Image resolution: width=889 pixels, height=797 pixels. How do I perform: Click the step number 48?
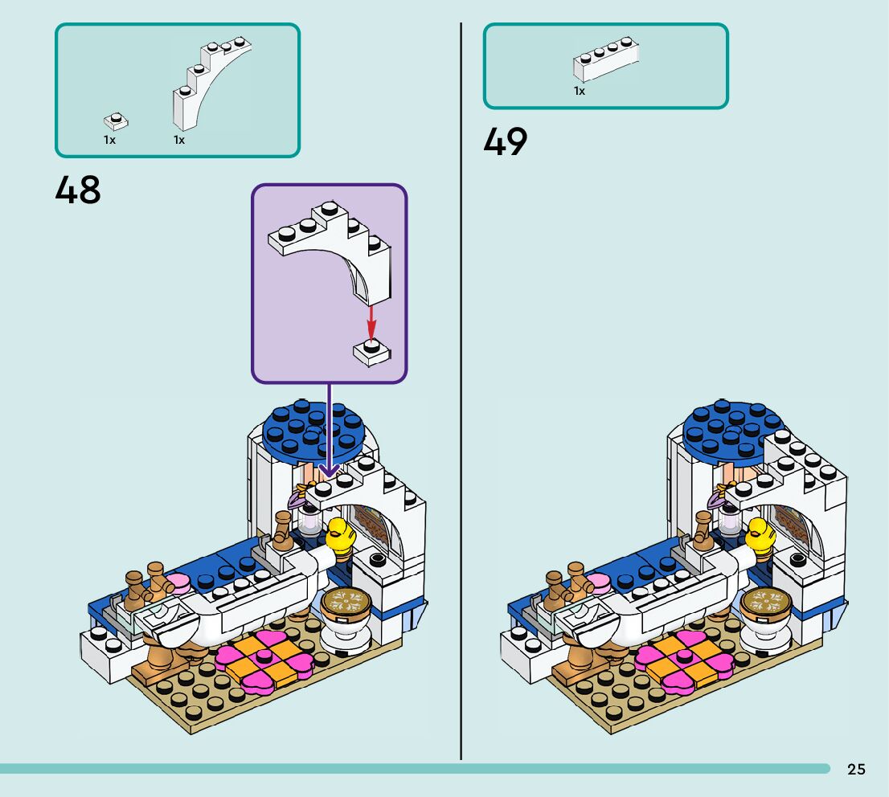[x=78, y=191]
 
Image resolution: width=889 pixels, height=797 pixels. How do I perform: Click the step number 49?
[x=505, y=142]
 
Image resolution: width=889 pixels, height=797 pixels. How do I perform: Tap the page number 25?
[x=856, y=770]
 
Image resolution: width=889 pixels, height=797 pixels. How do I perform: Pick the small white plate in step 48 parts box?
[x=116, y=122]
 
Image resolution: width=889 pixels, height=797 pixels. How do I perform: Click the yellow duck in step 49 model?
[x=760, y=536]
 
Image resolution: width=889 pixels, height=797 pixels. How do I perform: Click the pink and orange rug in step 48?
[x=264, y=654]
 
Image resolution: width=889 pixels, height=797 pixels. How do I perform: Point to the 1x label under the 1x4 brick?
[x=579, y=92]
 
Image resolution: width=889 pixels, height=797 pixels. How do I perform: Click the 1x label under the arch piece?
[x=179, y=140]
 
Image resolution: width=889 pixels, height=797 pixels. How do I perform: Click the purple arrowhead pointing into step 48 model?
[x=329, y=471]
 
